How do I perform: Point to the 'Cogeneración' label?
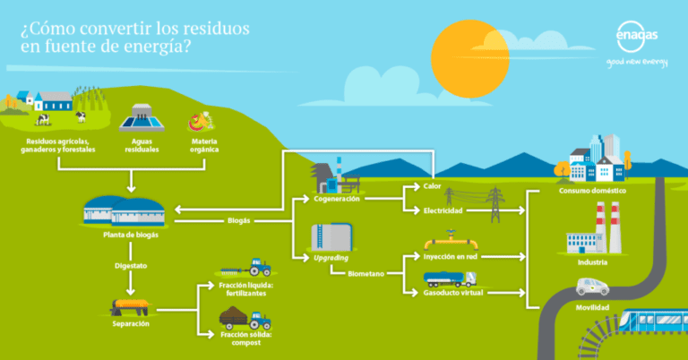coord(336,198)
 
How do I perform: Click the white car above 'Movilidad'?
coord(592,287)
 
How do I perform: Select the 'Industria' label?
coord(592,261)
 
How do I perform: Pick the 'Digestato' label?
coord(131,265)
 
